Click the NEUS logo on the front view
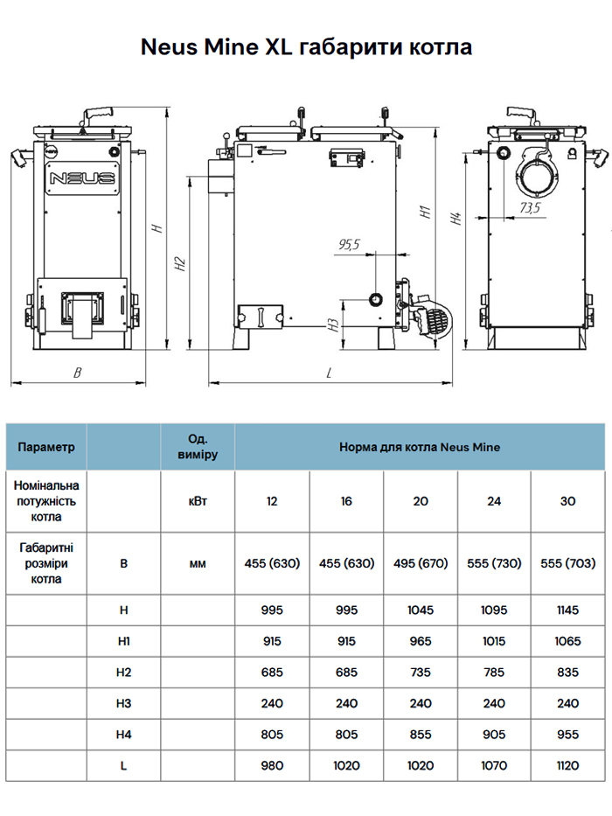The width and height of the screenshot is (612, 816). (83, 179)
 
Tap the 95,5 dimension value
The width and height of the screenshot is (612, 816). (348, 245)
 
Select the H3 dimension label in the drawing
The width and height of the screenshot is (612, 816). (334, 325)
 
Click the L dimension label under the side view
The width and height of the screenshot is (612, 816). (329, 373)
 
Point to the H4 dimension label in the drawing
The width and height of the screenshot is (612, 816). (455, 219)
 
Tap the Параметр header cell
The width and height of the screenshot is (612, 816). (46, 447)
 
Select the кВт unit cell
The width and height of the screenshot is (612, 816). (198, 501)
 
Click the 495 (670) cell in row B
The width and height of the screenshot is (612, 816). (420, 563)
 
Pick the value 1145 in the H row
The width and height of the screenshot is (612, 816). (567, 610)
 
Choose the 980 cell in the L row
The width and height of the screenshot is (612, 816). (272, 765)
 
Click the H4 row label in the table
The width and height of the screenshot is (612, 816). (123, 735)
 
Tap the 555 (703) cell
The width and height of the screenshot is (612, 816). (567, 563)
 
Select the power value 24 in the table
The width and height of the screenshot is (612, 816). (494, 501)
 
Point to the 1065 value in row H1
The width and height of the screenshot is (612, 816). (567, 641)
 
